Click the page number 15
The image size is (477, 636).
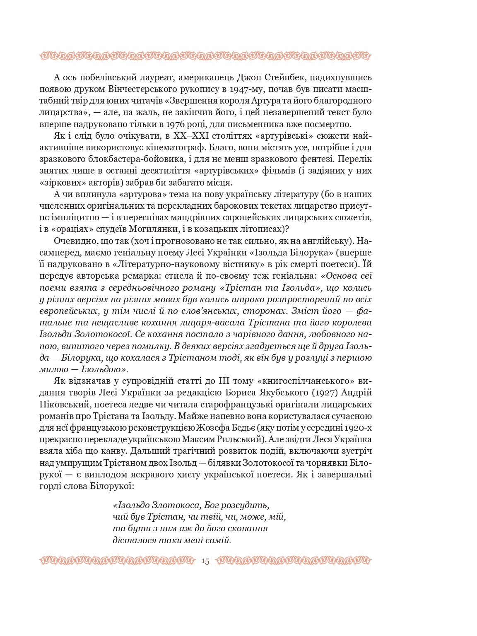(205, 561)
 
